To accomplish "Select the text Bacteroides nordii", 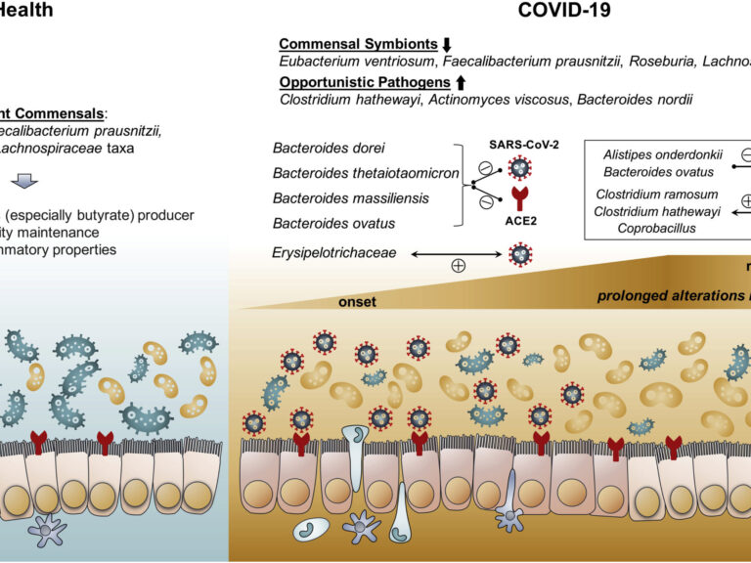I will pos(634,99).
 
